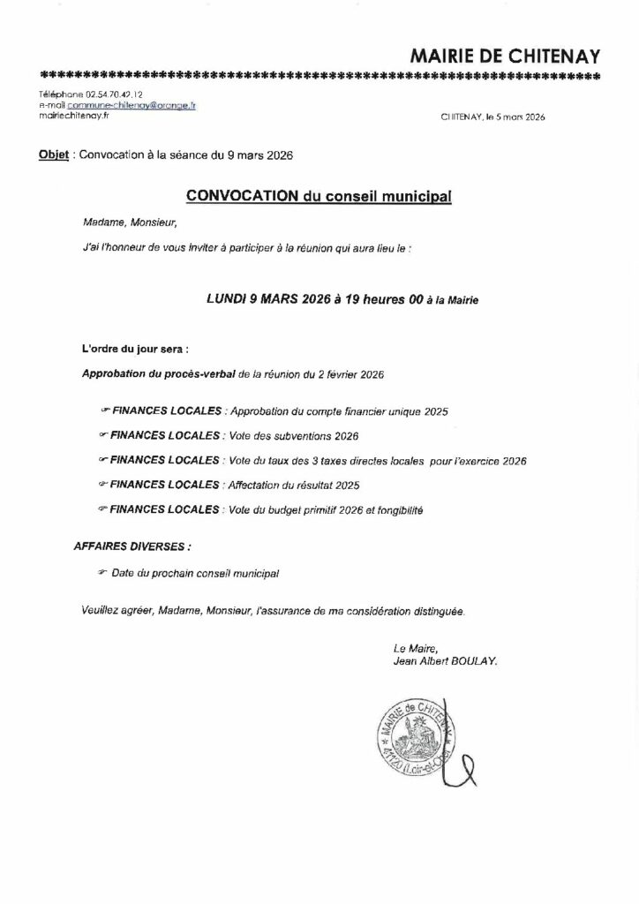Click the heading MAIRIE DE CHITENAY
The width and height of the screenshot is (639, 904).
[x=506, y=56]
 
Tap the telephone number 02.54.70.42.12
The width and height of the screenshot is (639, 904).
[x=114, y=94]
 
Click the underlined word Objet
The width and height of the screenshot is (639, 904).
[x=54, y=155]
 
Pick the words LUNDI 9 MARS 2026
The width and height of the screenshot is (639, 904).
[x=261, y=299]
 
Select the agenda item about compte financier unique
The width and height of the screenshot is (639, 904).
[x=339, y=411]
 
